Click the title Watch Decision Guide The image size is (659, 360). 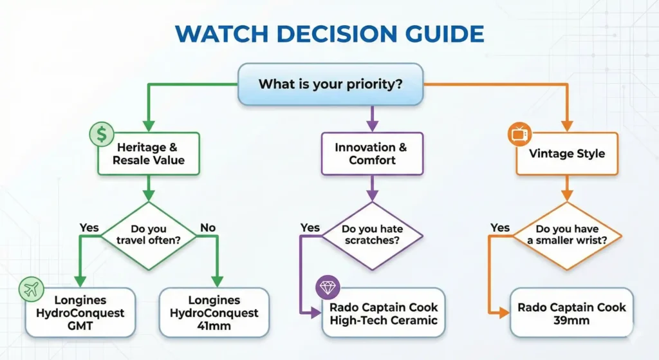click(x=329, y=33)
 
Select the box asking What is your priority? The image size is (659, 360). click(x=331, y=84)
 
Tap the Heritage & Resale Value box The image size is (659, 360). click(x=149, y=153)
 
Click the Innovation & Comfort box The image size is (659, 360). click(x=371, y=153)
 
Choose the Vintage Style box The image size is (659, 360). click(x=567, y=153)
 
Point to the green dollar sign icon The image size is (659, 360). click(x=101, y=134)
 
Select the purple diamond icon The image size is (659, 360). click(x=328, y=288)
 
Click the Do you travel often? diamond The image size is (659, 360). click(x=149, y=235)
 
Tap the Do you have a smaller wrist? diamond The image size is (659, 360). click(x=566, y=235)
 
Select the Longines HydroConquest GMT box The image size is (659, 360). click(x=81, y=313)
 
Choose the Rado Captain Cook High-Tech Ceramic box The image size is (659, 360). click(x=382, y=313)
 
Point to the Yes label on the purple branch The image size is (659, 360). click(x=310, y=227)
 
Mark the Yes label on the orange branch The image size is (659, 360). click(x=500, y=227)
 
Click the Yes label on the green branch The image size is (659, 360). click(x=89, y=227)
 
